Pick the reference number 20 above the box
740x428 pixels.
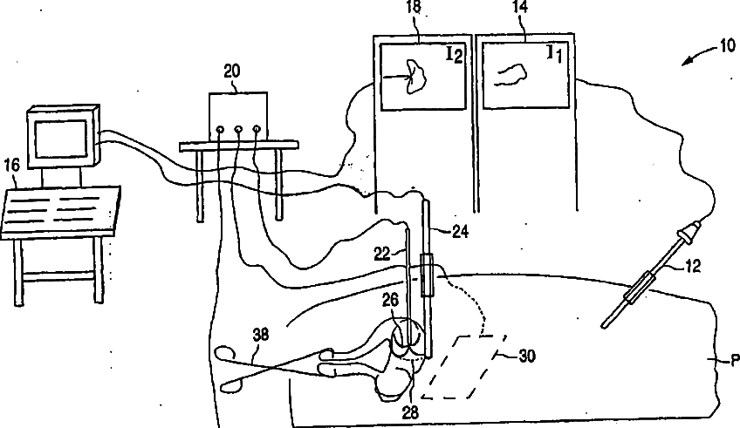(232, 72)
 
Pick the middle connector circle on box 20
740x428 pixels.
(237, 130)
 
